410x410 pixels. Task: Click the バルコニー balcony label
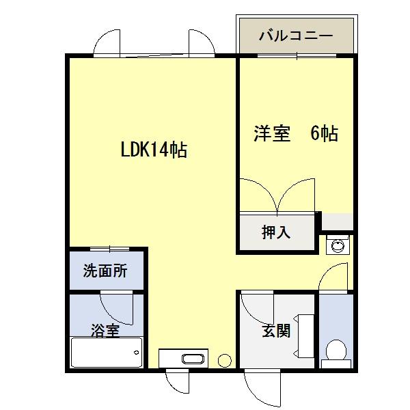(x=295, y=36)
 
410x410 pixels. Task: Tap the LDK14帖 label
(x=154, y=150)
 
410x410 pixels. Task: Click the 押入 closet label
(x=276, y=232)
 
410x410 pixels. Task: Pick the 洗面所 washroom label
(x=105, y=271)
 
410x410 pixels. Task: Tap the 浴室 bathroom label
(x=105, y=331)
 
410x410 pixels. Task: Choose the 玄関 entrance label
(x=276, y=331)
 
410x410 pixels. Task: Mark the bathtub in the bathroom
(x=106, y=354)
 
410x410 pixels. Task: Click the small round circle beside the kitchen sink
(x=224, y=359)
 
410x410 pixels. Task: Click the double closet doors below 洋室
(x=276, y=196)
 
